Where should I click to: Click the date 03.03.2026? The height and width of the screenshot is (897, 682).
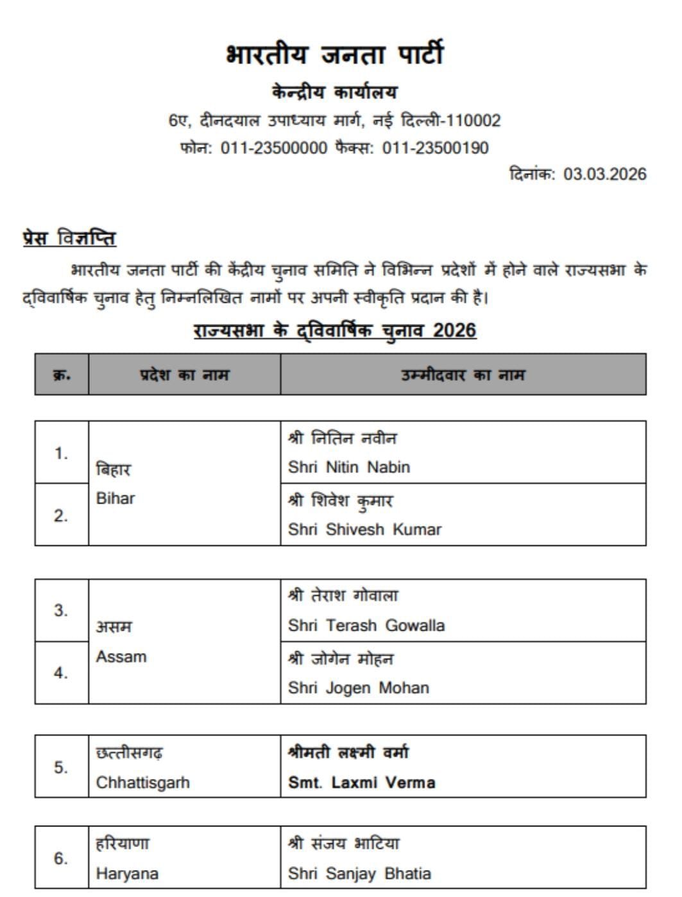click(604, 175)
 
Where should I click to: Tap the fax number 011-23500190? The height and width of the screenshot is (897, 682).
click(435, 148)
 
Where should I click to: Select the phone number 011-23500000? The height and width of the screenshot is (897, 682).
click(274, 148)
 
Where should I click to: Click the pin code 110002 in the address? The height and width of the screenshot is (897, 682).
click(473, 121)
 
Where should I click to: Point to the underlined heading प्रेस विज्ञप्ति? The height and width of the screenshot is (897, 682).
click(69, 238)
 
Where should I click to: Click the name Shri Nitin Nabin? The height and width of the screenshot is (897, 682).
click(348, 467)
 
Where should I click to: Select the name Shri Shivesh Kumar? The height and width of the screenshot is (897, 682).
click(364, 529)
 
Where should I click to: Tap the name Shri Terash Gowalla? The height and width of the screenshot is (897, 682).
click(366, 625)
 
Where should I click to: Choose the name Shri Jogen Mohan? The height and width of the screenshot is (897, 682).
click(358, 688)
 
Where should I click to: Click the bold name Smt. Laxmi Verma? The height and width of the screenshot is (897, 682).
click(361, 783)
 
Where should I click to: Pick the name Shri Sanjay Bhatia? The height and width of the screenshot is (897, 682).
click(359, 873)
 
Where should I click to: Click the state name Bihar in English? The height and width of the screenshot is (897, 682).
click(115, 499)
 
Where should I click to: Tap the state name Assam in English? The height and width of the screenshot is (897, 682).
click(121, 657)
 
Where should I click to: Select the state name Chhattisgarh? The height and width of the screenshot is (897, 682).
click(142, 783)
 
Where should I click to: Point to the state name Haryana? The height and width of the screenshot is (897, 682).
click(127, 873)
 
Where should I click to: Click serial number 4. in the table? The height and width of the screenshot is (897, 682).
click(61, 673)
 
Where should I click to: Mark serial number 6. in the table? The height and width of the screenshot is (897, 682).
click(61, 859)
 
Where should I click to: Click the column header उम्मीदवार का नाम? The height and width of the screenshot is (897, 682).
click(463, 375)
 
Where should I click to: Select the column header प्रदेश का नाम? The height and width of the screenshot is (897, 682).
click(184, 375)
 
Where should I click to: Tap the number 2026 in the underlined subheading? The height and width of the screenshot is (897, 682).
click(454, 331)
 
